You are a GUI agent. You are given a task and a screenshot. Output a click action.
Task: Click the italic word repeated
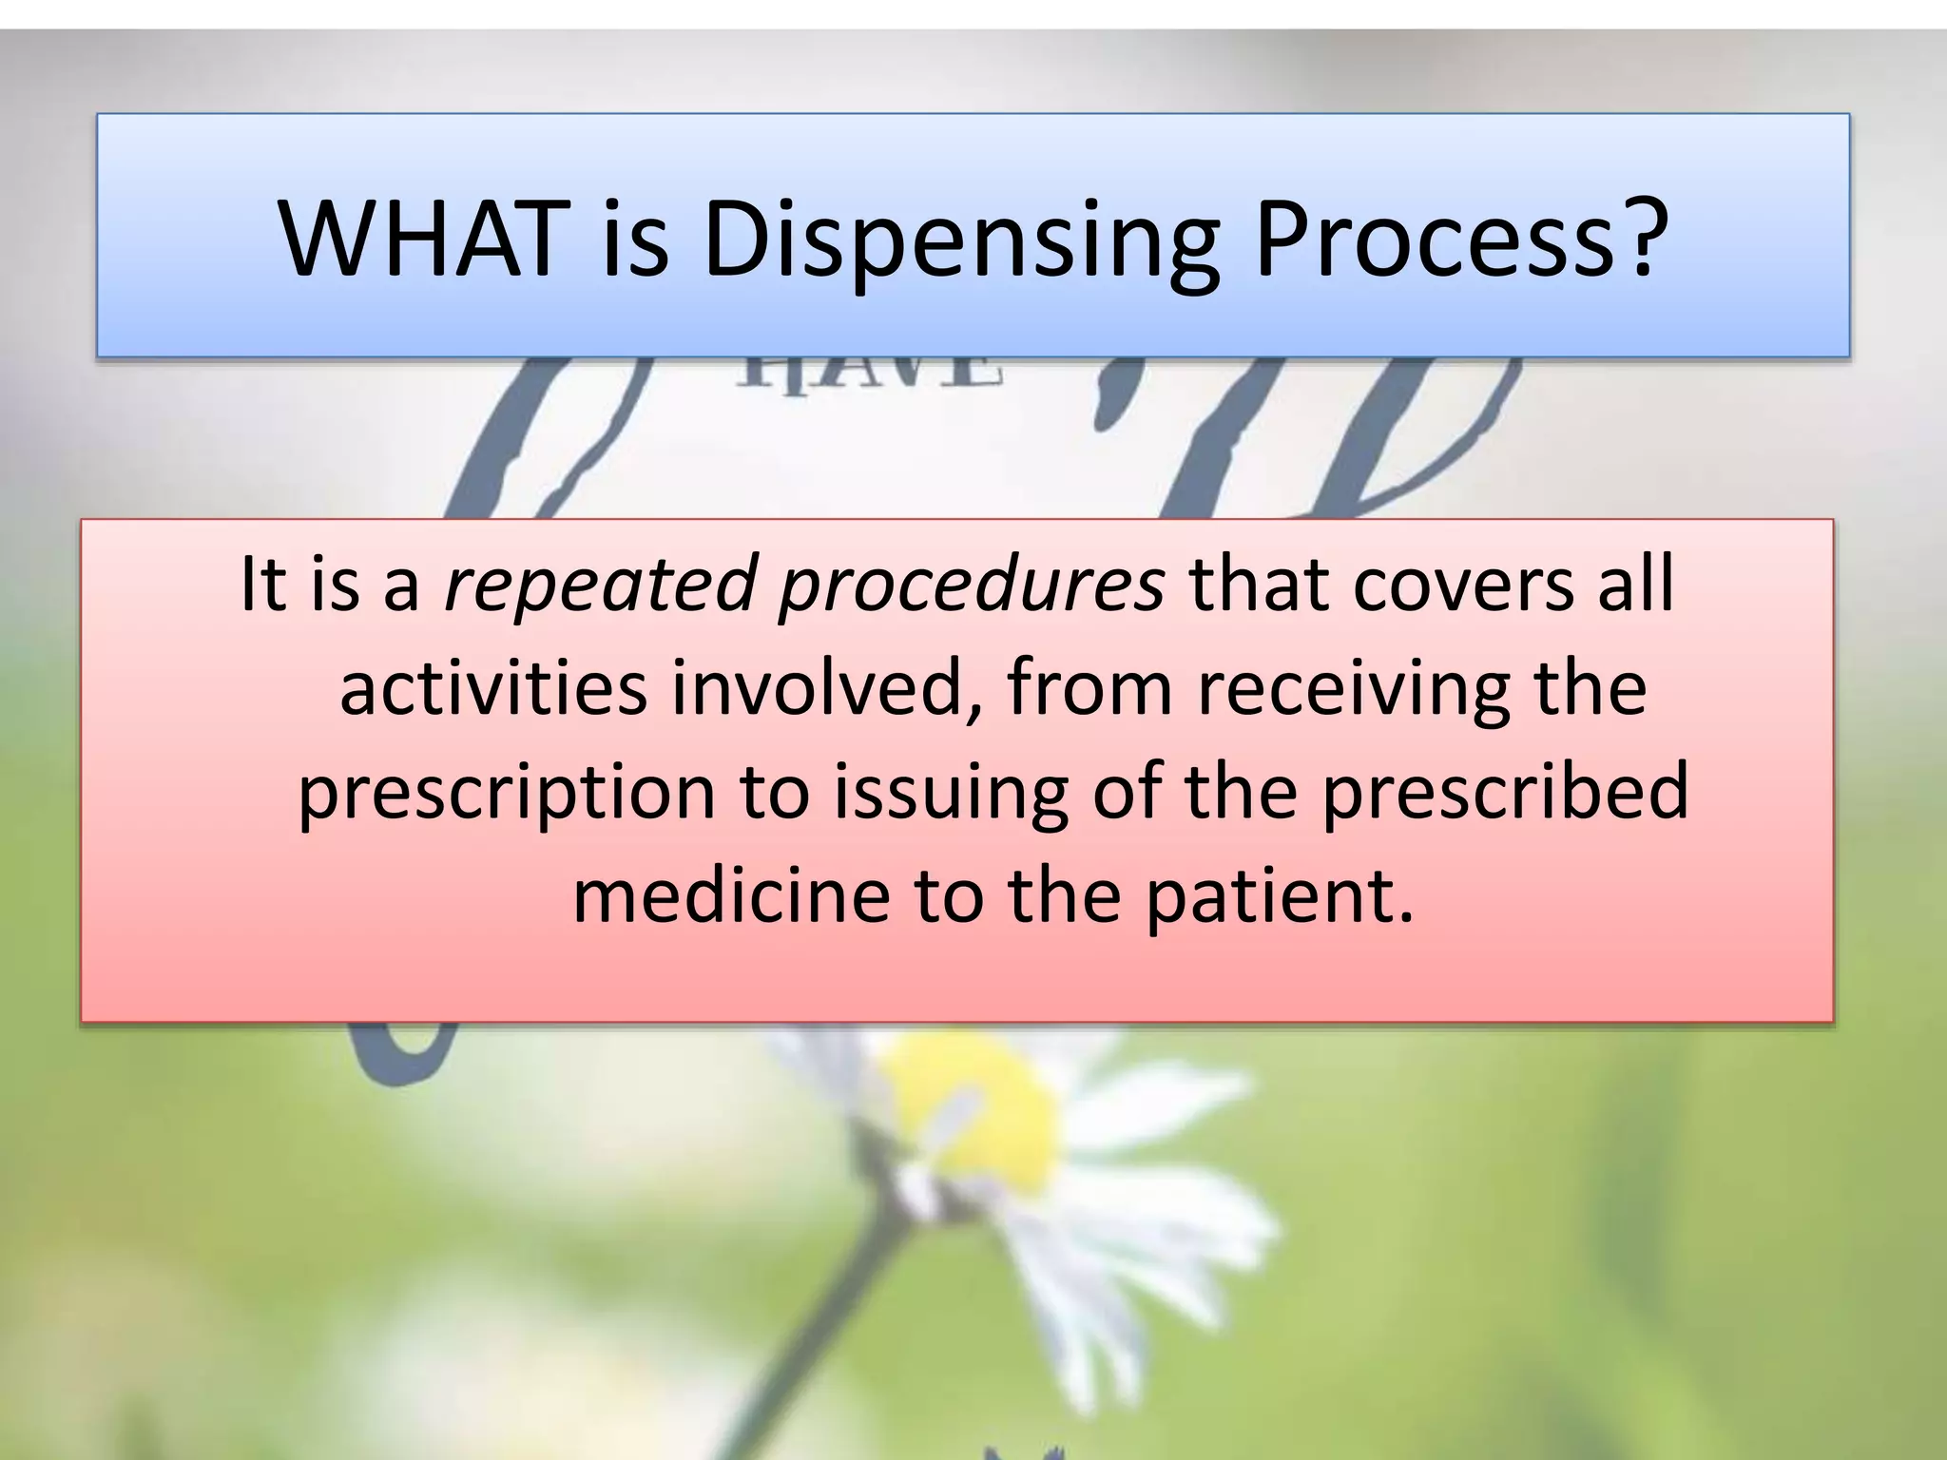coord(599,585)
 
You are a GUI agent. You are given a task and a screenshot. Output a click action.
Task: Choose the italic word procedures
coord(971,585)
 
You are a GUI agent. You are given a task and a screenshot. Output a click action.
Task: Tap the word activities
coord(493,687)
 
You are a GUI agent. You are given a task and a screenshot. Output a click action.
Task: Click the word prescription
coord(506,794)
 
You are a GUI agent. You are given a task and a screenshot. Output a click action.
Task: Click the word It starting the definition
coord(263,583)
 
